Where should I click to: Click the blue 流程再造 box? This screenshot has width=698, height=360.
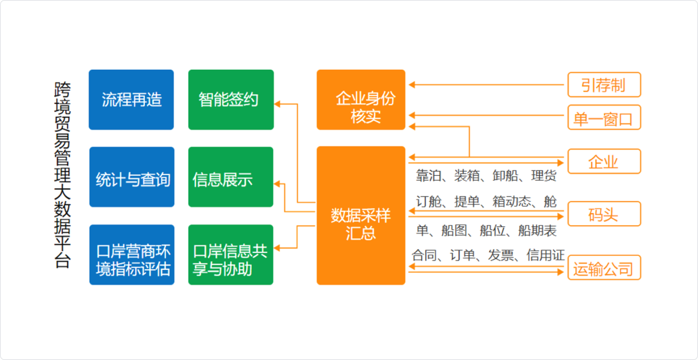coord(131,99)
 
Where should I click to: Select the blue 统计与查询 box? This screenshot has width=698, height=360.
coord(132,177)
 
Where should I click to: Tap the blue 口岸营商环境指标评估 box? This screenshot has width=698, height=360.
coord(132,255)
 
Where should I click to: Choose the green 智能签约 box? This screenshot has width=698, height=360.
coord(231,99)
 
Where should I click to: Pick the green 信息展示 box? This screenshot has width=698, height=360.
coord(230,177)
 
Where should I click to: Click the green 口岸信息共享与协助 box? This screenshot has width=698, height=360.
coord(230,255)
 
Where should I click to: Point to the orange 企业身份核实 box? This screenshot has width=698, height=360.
coord(361,99)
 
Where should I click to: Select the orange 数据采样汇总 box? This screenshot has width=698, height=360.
coord(361,215)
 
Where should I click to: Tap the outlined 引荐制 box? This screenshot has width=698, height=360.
coord(604,85)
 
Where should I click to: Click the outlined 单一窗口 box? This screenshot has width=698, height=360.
coord(604,117)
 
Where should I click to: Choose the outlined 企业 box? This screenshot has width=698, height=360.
coord(604,161)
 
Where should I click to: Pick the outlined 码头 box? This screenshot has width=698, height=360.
coord(604,214)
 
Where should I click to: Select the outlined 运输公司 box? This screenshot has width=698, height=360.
coord(604,268)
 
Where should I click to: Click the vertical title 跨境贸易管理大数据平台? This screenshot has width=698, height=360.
coord(62,175)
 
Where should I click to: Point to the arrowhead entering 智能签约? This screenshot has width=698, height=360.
coord(277,104)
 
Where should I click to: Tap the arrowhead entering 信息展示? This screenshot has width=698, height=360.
coord(277,184)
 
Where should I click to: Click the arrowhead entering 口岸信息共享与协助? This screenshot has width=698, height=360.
coord(277,248)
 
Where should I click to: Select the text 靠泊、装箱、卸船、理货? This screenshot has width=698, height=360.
coord(486,176)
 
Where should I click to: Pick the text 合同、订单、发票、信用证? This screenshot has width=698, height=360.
coord(488,255)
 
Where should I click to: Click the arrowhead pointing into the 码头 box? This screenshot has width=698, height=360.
coord(560,216)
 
